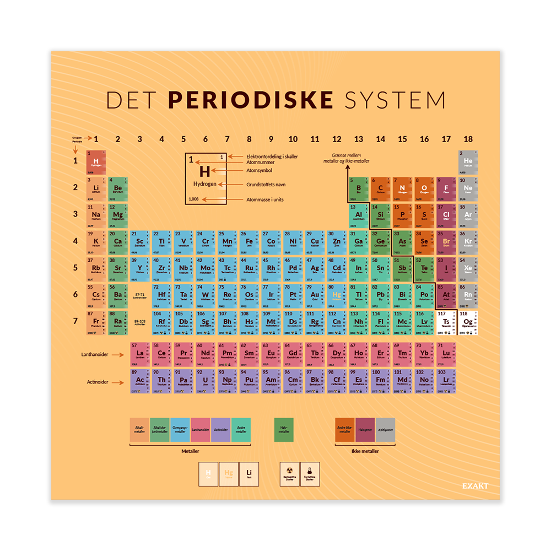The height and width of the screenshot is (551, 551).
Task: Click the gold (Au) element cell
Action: click(x=315, y=295)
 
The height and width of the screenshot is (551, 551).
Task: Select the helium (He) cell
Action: click(x=468, y=161)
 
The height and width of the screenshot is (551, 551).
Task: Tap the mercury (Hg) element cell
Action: click(x=337, y=295)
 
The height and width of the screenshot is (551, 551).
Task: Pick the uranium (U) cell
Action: click(x=206, y=380)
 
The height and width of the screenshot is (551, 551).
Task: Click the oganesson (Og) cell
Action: click(x=468, y=322)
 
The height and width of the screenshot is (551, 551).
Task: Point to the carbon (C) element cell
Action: click(x=381, y=188)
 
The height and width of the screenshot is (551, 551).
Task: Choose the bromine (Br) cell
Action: click(x=446, y=241)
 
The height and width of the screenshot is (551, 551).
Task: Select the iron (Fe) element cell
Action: click(x=249, y=241)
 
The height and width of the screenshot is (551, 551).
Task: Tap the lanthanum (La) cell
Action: click(x=140, y=353)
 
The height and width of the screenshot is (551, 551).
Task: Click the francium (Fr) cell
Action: click(x=96, y=322)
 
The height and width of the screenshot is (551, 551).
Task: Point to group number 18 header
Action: click(x=468, y=139)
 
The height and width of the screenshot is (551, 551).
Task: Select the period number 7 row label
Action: click(x=76, y=321)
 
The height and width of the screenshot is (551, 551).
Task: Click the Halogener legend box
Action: click(x=364, y=430)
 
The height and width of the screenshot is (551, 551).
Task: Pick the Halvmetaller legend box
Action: click(x=284, y=430)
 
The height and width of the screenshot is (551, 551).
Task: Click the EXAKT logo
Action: click(x=476, y=485)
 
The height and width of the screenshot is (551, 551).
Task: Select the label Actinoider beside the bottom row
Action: click(x=98, y=381)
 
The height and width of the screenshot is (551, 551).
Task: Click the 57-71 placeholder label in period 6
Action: click(x=140, y=296)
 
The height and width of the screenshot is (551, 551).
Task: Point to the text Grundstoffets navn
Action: click(x=264, y=185)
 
